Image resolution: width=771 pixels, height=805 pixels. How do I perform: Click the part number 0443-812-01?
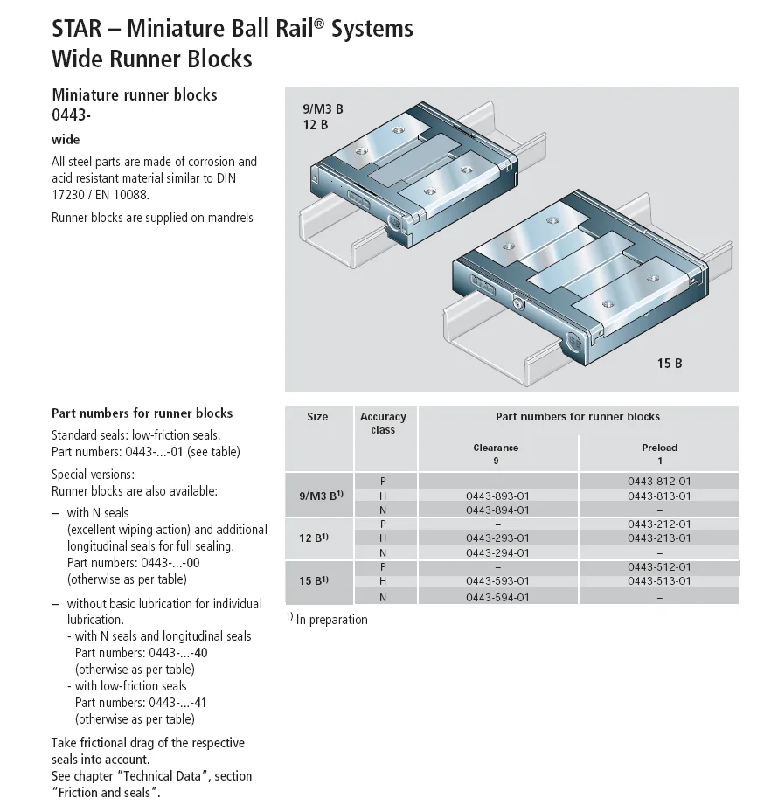point(659,481)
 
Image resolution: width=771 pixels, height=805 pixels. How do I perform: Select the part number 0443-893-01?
point(497,496)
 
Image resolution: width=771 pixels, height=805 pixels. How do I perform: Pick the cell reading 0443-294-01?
point(497,552)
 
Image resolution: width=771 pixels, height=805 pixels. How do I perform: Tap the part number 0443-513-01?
point(659,580)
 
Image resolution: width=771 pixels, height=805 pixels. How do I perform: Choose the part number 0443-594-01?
point(497,597)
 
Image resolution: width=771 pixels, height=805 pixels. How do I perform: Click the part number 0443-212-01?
point(659,524)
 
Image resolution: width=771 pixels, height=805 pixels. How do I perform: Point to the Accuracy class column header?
point(383,423)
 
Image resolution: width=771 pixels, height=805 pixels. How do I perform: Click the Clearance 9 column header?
point(496,454)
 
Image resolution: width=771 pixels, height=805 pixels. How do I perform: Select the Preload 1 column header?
point(659,454)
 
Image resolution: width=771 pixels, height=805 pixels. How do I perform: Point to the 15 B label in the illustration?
point(669,363)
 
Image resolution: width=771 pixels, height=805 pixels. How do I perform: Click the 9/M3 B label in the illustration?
point(323,109)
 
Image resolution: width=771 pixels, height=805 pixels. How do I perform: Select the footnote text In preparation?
point(331,620)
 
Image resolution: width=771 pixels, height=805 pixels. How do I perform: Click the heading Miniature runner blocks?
point(135,94)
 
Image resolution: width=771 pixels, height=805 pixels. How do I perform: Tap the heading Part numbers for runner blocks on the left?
point(142,413)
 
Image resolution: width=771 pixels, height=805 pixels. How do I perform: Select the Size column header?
point(317,417)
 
